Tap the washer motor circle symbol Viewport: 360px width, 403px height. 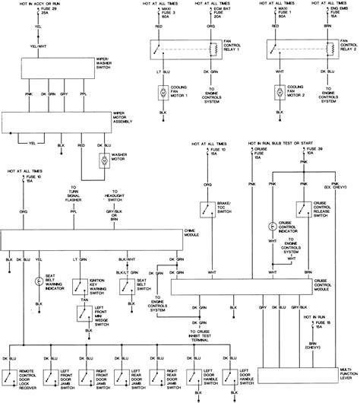102,160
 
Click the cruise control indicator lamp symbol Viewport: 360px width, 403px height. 271,226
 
